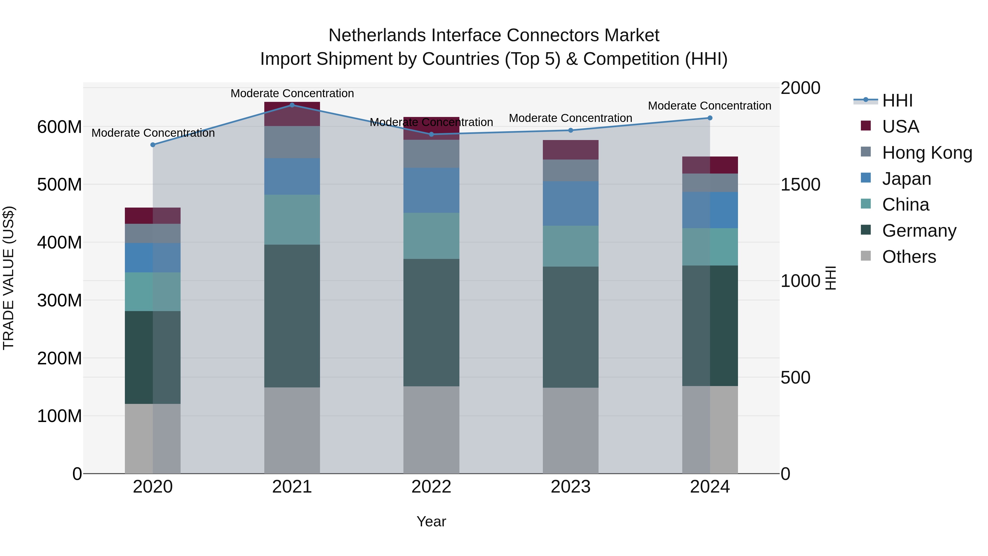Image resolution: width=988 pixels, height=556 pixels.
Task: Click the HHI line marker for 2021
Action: coord(292,105)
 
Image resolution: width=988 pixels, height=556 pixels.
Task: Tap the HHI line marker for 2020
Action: coord(153,145)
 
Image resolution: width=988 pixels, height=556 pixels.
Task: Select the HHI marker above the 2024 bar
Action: coord(709,118)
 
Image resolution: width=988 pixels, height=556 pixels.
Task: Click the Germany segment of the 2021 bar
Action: coord(292,315)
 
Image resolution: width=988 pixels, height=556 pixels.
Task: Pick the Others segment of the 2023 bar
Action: coord(570,430)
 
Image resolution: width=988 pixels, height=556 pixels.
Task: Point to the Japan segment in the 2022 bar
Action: coord(431,190)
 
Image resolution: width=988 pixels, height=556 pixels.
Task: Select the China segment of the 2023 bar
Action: coord(570,246)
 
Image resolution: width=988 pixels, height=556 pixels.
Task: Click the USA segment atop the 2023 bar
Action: coord(570,150)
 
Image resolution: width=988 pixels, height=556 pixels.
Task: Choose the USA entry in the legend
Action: coord(900,127)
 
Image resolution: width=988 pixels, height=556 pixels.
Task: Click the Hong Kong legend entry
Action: coord(926,153)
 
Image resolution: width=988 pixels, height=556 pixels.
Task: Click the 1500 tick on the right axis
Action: coord(800,185)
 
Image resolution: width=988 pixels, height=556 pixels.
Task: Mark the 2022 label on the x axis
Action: coord(431,487)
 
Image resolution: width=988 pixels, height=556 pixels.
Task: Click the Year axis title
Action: coord(431,521)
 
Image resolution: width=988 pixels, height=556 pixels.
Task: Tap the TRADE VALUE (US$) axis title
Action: coord(9,278)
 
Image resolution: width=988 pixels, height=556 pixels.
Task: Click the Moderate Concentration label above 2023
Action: coord(570,118)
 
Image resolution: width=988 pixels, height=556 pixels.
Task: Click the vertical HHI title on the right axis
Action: coord(831,278)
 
